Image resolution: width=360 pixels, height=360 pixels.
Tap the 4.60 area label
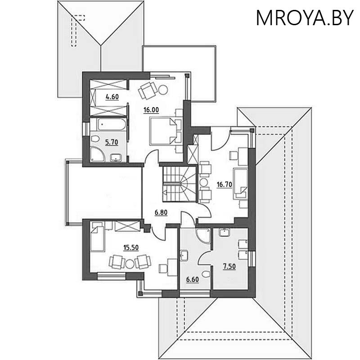tap(112, 96)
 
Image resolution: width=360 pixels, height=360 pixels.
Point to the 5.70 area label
tap(111, 142)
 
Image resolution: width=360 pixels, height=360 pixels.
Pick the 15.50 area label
tap(130, 246)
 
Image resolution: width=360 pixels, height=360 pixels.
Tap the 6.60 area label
tap(193, 279)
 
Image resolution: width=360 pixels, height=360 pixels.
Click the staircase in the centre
tap(180, 184)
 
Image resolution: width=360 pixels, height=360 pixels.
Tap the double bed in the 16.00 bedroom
tap(162, 130)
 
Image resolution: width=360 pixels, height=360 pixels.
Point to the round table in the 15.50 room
tap(130, 261)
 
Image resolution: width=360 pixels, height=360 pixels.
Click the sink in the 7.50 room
tap(224, 233)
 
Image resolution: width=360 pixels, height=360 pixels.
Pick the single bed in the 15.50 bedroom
tap(97, 239)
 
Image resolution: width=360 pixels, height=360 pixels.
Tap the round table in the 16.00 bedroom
tap(162, 90)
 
